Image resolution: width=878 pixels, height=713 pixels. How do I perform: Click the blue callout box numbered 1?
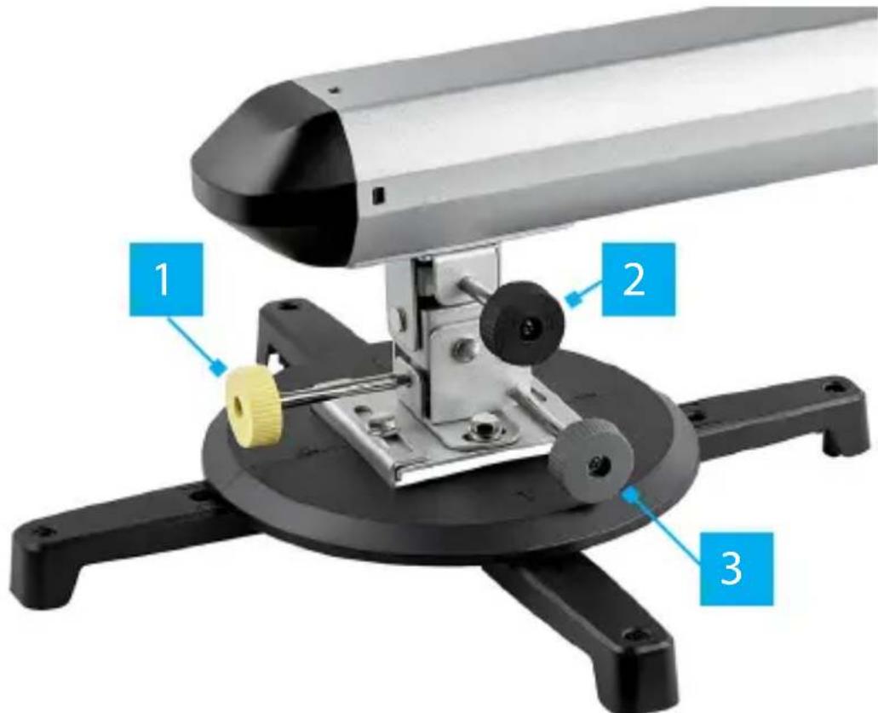pos(166,279)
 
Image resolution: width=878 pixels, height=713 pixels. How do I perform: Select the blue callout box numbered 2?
pos(639,279)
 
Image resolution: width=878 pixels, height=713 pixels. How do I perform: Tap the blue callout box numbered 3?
pos(736,568)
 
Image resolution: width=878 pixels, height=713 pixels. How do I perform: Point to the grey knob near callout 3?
pos(592,460)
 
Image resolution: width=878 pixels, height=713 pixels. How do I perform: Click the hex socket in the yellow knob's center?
pos(238,404)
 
